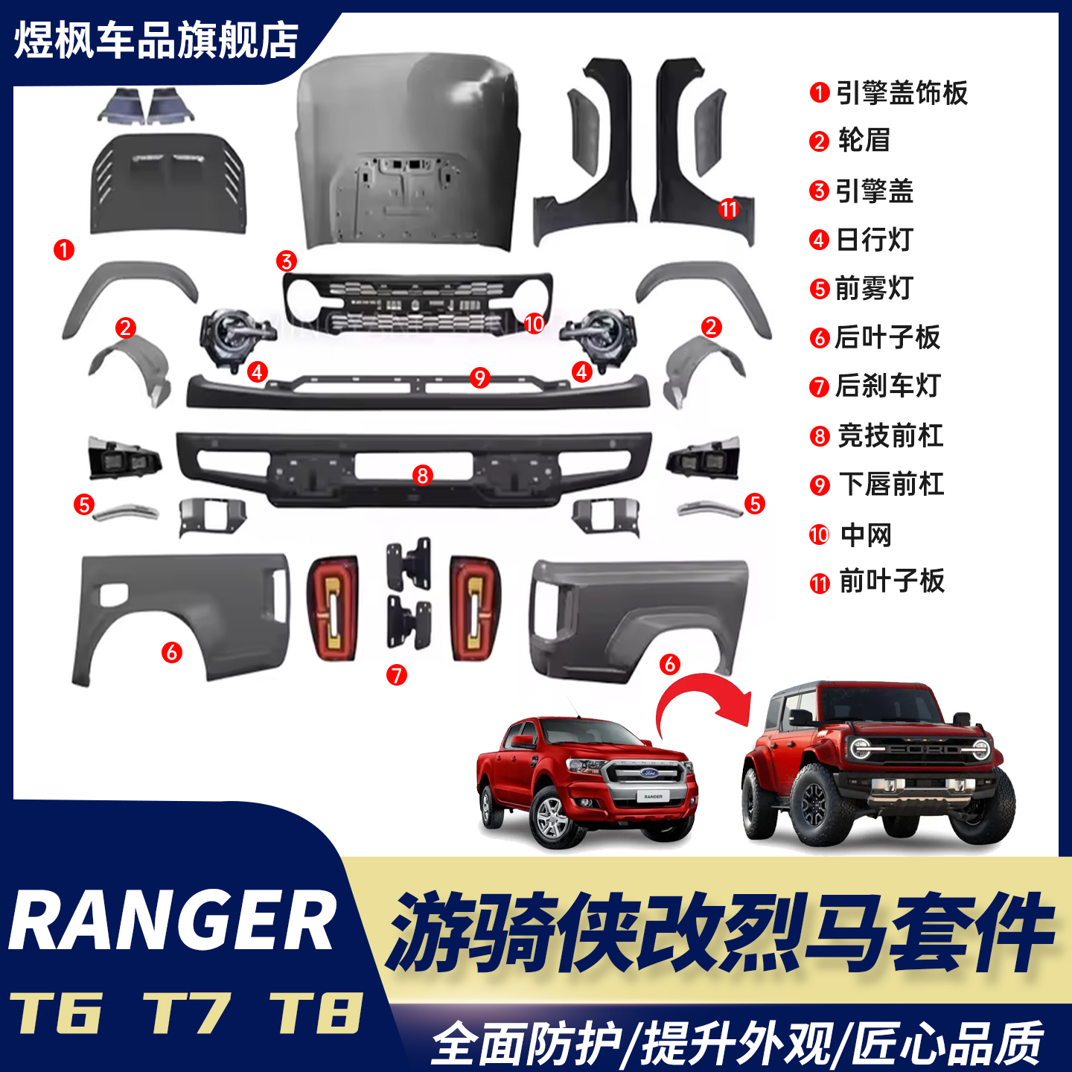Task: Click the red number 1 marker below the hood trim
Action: (64, 249)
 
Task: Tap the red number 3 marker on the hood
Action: (287, 261)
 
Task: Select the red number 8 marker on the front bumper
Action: (423, 475)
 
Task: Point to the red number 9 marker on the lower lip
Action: (480, 377)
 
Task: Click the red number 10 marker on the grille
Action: (534, 324)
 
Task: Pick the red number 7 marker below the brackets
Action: (397, 675)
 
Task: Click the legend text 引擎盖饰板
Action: (902, 93)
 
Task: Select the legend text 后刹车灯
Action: (887, 386)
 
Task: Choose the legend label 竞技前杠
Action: (890, 435)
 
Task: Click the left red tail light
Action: (332, 607)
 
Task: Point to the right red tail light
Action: (475, 607)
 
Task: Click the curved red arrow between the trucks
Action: (700, 700)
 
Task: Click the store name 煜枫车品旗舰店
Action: (156, 41)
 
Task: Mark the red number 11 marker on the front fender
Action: (729, 209)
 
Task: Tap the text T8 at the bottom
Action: (316, 1013)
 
